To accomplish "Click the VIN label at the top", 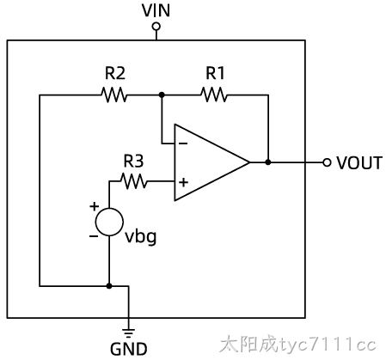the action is click(156, 10).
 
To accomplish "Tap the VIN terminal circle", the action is click(156, 27).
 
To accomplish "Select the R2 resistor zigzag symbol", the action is click(113, 95).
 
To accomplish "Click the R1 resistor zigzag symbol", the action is click(214, 95).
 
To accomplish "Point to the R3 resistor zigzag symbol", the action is click(134, 181).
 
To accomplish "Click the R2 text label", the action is click(115, 73).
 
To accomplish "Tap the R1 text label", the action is click(216, 73).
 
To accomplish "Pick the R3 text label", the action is click(133, 161).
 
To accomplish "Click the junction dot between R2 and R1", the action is click(162, 95).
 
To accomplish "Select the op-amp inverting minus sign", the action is click(183, 143).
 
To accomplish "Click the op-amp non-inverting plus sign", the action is click(183, 182).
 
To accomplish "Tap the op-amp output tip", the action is click(249, 162).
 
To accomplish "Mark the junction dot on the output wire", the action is click(268, 162).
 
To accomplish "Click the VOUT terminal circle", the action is click(327, 162).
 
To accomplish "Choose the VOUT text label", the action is click(359, 163).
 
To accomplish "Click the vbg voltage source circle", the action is click(109, 222).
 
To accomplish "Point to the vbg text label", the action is click(141, 238).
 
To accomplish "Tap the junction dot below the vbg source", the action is click(109, 286).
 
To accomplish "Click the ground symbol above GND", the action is click(128, 333).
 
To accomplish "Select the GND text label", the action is click(129, 349).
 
